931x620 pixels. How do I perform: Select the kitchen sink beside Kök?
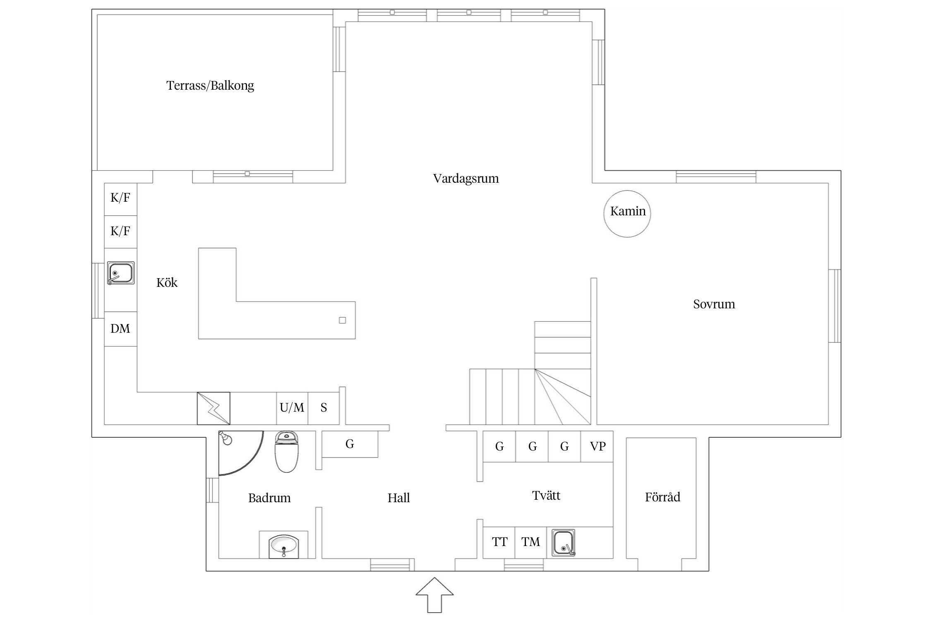click(x=121, y=273)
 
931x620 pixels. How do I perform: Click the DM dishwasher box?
click(x=120, y=329)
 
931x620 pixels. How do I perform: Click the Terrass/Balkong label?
click(x=210, y=86)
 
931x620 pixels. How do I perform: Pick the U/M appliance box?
click(x=292, y=408)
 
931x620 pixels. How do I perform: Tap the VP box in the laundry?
click(x=597, y=446)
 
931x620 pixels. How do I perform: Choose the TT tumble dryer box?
click(x=499, y=542)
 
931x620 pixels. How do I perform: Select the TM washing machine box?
click(x=531, y=542)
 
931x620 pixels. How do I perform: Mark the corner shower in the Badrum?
click(x=240, y=453)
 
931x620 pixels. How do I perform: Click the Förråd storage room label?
click(x=662, y=497)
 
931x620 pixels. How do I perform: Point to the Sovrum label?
click(x=714, y=304)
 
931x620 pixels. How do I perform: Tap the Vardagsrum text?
click(x=466, y=179)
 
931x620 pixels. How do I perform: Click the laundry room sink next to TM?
click(x=564, y=543)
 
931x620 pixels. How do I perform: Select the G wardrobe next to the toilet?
click(x=350, y=444)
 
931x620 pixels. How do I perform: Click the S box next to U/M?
click(x=324, y=408)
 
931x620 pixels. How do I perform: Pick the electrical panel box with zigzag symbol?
click(x=214, y=408)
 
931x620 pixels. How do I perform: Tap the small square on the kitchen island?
click(x=342, y=320)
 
